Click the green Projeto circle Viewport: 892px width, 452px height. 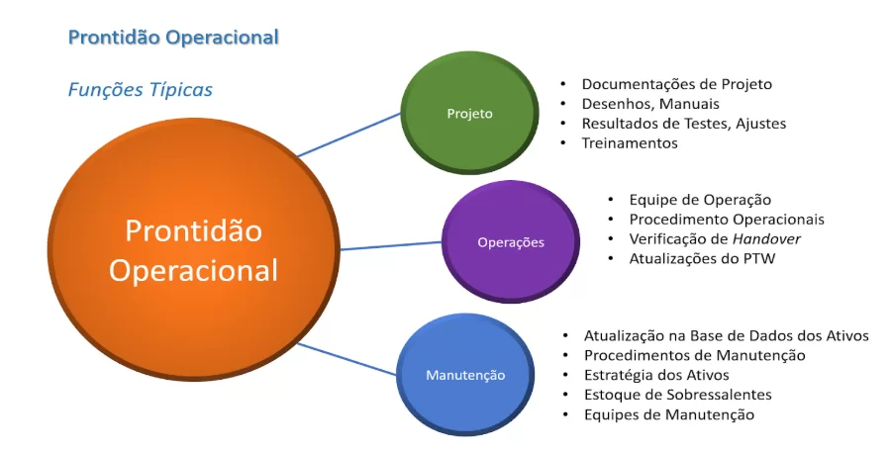(469, 113)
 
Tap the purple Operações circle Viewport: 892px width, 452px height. (510, 241)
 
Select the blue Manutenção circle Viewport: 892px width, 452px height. (465, 375)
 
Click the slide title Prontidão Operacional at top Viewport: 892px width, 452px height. (173, 38)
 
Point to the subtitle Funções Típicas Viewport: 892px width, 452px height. (141, 90)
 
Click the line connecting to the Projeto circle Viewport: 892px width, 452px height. (349, 135)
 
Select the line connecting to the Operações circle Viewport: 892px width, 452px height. (391, 245)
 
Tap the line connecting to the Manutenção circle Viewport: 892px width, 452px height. (347, 359)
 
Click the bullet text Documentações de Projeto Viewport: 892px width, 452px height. (677, 85)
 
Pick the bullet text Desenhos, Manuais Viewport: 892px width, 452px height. (650, 104)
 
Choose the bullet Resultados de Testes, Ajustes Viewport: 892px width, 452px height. (684, 124)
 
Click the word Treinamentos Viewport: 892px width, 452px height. (630, 143)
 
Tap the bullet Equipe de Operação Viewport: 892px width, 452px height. (700, 200)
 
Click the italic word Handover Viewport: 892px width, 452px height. (766, 238)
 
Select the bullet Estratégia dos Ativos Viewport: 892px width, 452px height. (656, 375)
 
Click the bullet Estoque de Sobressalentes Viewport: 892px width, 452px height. (678, 395)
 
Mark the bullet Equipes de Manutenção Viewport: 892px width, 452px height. (669, 414)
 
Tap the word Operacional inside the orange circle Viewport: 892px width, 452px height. (193, 271)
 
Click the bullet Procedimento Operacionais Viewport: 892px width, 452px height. (727, 220)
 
